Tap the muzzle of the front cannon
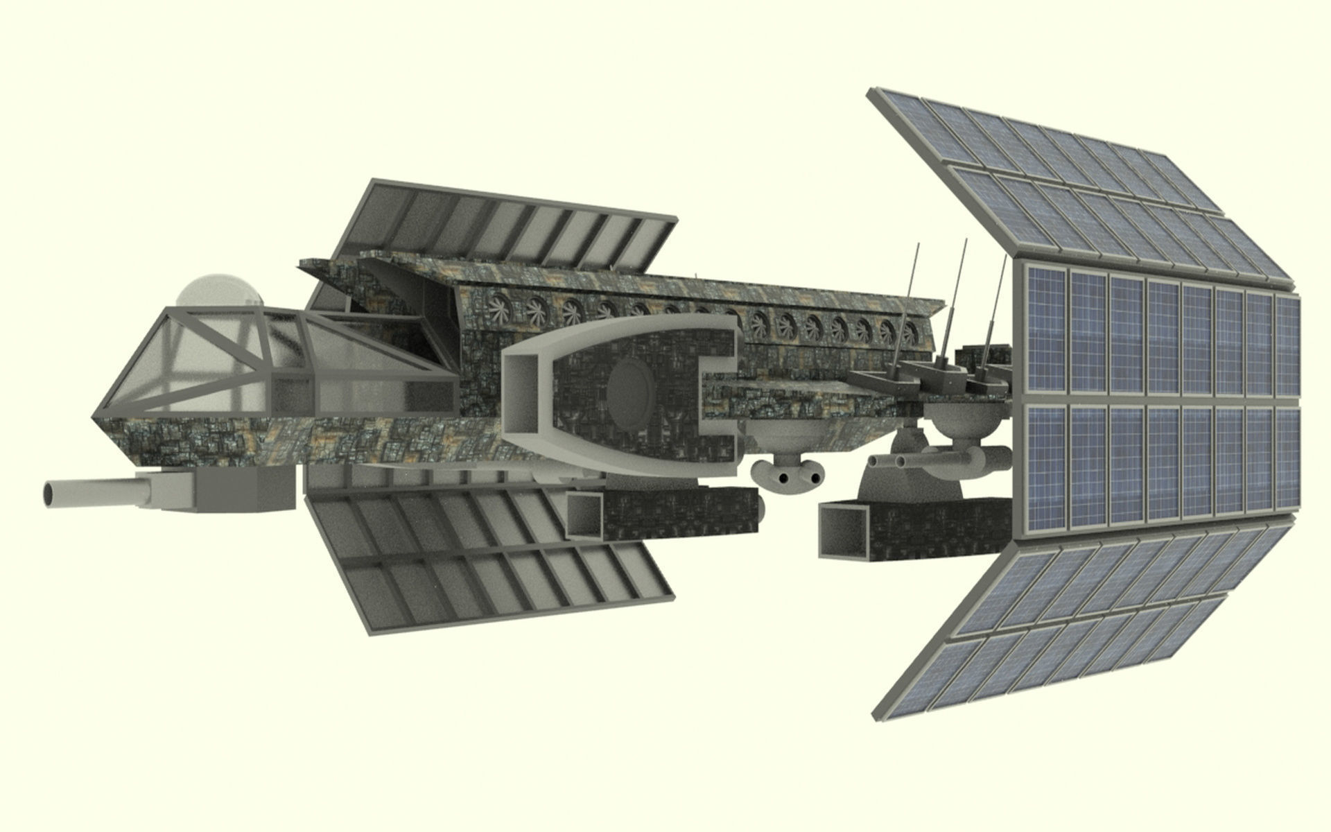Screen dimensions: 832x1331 tap(52, 494)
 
